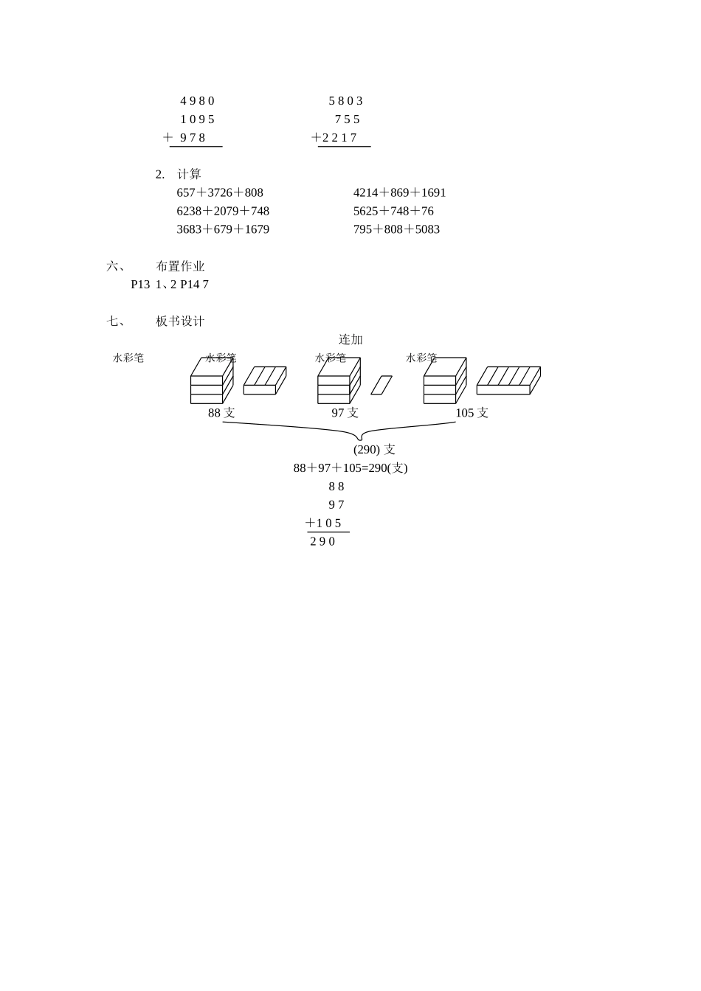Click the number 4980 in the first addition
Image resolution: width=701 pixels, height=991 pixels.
click(x=197, y=101)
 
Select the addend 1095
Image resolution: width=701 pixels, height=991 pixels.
click(x=197, y=119)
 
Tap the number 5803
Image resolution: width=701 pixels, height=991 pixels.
click(x=345, y=101)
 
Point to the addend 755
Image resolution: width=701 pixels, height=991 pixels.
click(x=347, y=119)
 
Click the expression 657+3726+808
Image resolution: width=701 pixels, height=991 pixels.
click(x=220, y=192)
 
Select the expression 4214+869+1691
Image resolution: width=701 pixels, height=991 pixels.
click(x=399, y=192)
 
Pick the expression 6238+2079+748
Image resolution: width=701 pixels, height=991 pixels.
click(x=223, y=211)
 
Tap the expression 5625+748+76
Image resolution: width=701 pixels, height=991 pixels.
click(x=393, y=211)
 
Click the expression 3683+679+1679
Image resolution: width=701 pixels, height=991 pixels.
click(x=223, y=229)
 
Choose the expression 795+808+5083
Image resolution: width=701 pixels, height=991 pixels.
click(x=396, y=229)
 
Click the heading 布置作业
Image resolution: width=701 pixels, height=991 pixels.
click(x=180, y=266)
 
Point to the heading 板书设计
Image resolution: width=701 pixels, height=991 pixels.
click(x=180, y=321)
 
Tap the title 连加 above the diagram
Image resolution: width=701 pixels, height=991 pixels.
click(x=350, y=340)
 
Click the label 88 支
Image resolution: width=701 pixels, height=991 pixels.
click(x=221, y=413)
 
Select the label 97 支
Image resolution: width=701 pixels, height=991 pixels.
click(x=345, y=413)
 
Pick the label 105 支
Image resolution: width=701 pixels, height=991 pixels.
click(x=472, y=413)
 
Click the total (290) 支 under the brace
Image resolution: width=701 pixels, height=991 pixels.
click(x=374, y=450)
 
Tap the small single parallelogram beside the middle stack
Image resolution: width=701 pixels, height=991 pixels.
click(x=381, y=385)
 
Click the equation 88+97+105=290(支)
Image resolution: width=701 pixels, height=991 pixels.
click(x=350, y=468)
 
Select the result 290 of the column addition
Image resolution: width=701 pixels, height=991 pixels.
click(x=322, y=542)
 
